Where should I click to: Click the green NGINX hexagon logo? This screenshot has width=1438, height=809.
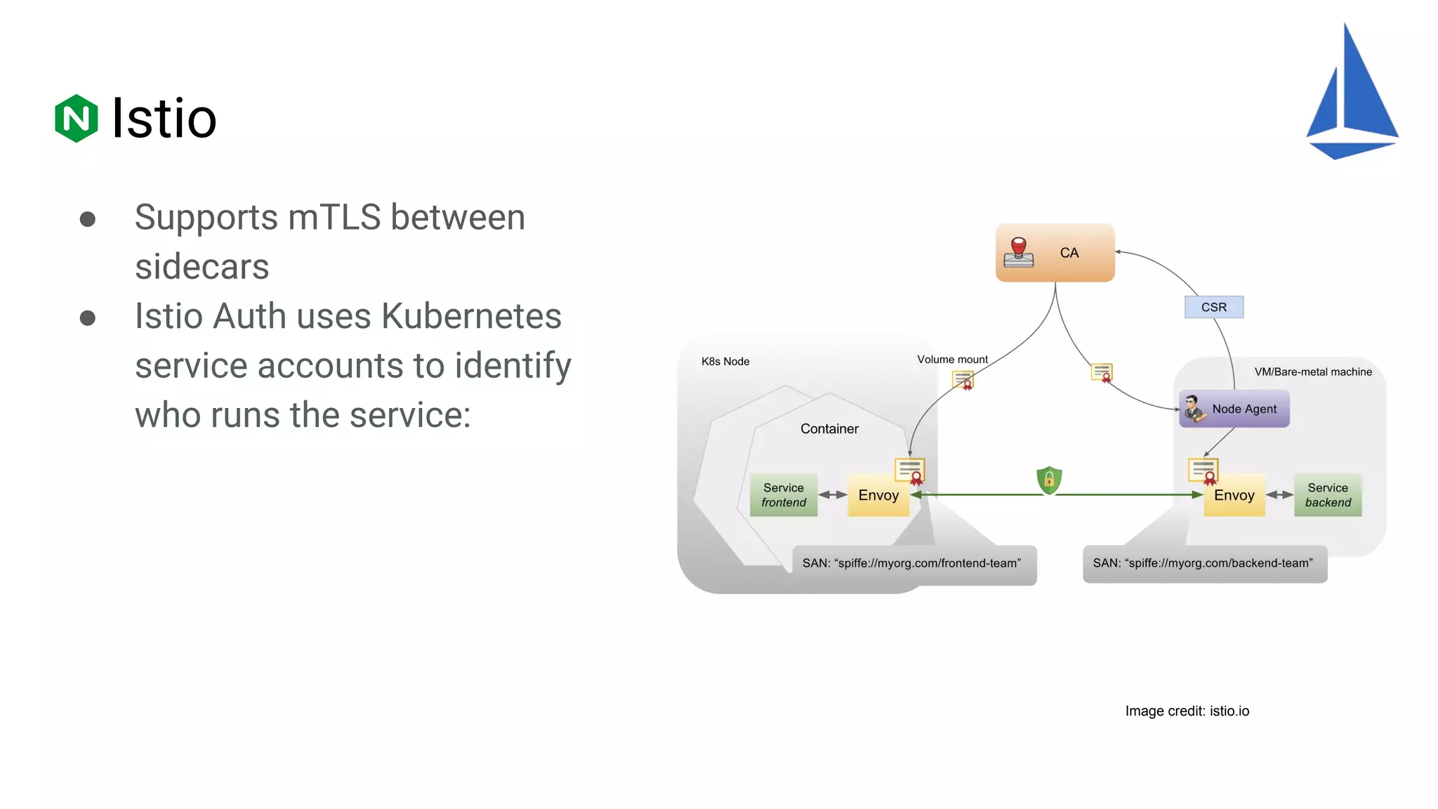pyautogui.click(x=76, y=118)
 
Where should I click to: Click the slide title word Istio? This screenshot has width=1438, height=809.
pyautogui.click(x=164, y=119)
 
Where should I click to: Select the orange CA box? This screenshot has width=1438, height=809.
pyautogui.click(x=1055, y=253)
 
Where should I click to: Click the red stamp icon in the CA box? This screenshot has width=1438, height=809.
pyautogui.click(x=1019, y=252)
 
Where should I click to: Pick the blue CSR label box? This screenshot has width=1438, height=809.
pyautogui.click(x=1213, y=307)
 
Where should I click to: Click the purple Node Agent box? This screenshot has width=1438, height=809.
pyautogui.click(x=1234, y=409)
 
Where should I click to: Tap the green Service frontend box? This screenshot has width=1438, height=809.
pyautogui.click(x=784, y=495)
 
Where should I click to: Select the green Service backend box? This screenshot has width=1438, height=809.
pyautogui.click(x=1327, y=495)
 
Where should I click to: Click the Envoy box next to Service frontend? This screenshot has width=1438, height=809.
pyautogui.click(x=878, y=496)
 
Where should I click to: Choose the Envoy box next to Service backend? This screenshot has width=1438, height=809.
pyautogui.click(x=1234, y=496)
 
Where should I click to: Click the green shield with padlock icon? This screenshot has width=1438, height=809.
pyautogui.click(x=1049, y=480)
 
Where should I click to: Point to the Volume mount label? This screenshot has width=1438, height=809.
pyautogui.click(x=952, y=360)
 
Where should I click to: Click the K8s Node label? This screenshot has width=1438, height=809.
pyautogui.click(x=725, y=362)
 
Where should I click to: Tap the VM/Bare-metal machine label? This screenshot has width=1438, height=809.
pyautogui.click(x=1312, y=372)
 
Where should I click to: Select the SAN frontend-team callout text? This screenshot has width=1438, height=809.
pyautogui.click(x=911, y=563)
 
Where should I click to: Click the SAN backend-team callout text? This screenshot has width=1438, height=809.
pyautogui.click(x=1203, y=563)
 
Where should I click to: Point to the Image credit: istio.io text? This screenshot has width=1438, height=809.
pyautogui.click(x=1187, y=711)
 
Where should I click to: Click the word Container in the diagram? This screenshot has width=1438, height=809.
pyautogui.click(x=829, y=429)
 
